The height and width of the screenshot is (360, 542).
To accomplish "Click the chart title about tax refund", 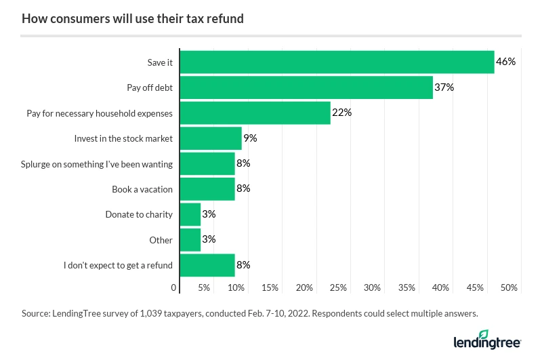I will point(133,19).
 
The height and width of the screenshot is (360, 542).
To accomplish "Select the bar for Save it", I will point(337,62).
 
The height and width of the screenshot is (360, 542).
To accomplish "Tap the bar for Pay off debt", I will point(306,87).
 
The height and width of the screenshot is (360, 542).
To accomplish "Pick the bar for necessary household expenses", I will point(255,113).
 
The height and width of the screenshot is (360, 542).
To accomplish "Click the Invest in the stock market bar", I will point(211,138).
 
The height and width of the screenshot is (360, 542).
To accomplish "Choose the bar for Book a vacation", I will point(207,189).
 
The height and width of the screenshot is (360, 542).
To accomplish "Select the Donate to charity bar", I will point(190,214).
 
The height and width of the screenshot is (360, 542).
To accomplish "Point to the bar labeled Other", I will point(190,240).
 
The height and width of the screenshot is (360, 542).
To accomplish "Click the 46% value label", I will point(505,62).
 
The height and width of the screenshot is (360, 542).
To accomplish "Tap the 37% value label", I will point(444,87).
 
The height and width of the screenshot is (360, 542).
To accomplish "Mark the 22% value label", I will point(341,113).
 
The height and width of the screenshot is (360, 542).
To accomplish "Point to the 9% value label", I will point(250,138).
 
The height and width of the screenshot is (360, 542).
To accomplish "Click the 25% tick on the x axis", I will point(339,288).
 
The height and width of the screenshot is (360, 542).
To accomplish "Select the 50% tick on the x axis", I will point(509,288).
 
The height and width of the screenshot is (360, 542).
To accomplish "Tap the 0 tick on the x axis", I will point(175,288).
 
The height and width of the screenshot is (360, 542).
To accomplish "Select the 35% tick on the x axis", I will point(406,288).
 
